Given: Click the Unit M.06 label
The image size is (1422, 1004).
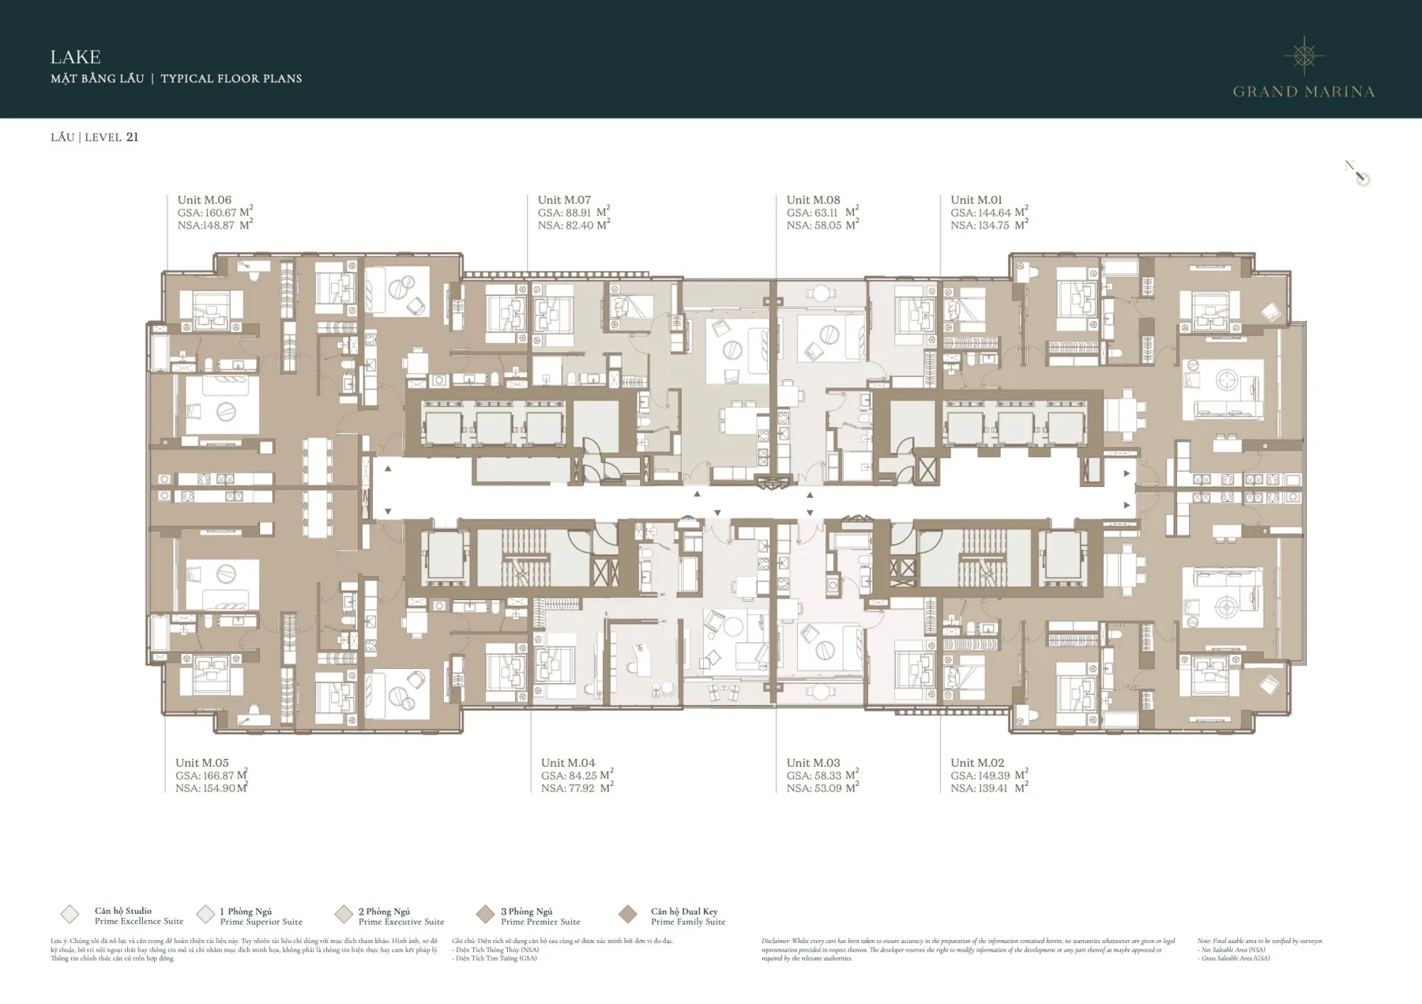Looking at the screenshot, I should pos(204,200).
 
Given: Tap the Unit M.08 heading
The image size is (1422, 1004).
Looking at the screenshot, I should pos(813,200).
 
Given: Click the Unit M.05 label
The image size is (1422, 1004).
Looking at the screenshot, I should pos(201,763).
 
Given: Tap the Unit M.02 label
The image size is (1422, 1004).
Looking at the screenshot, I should pos(977,763).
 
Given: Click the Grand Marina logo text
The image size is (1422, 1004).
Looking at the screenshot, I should pos(1303,92).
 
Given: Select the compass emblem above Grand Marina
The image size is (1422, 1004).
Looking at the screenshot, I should pos(1304,55).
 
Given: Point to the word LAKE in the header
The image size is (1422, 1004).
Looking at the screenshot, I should pos(75,57).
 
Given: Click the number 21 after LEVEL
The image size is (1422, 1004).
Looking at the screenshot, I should pos(132,137).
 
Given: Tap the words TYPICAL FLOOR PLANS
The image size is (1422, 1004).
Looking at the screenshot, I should pos(231,78).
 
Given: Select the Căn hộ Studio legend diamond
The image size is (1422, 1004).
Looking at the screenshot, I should pos(70,915).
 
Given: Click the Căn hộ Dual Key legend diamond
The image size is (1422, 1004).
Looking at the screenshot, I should pos(628,915).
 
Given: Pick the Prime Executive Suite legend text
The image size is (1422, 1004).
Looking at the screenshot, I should pos(401,922).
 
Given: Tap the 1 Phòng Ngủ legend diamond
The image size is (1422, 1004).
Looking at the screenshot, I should pos(205,915).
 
